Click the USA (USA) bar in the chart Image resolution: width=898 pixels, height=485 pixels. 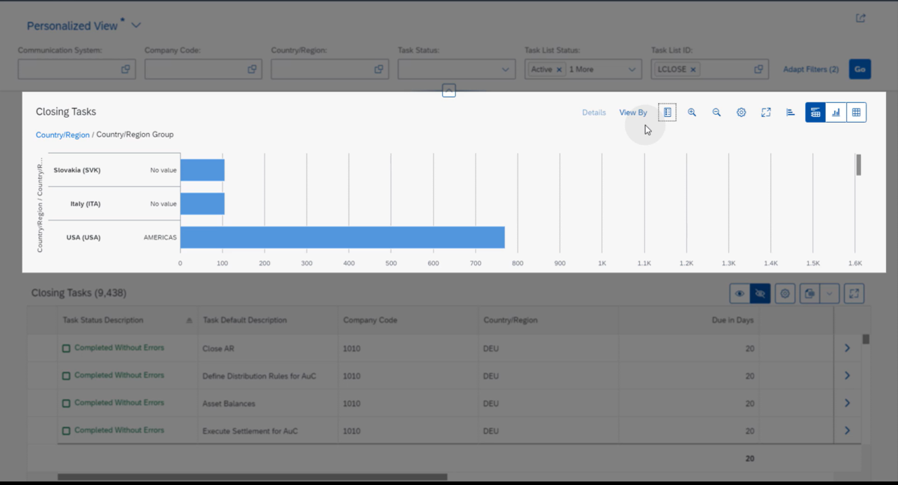[342, 238]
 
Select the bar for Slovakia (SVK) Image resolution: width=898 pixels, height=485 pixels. [202, 170]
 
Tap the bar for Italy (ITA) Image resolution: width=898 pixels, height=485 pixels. [202, 204]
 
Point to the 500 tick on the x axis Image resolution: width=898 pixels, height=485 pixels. [391, 264]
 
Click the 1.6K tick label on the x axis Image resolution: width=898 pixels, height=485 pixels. [855, 264]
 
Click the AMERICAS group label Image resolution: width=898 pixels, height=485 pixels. [160, 238]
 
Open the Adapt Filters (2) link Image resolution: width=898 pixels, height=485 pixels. [810, 69]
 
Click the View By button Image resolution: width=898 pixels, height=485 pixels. [633, 113]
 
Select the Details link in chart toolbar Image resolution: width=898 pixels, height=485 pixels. [594, 113]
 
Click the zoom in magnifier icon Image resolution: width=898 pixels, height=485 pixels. [692, 113]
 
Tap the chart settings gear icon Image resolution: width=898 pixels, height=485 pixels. [741, 113]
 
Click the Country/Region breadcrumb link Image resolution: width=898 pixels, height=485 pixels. [62, 135]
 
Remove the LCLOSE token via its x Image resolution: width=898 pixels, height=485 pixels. [693, 69]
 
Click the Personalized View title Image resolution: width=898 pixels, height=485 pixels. [72, 26]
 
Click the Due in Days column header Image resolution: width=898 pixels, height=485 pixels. [732, 320]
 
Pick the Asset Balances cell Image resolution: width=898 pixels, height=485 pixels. [229, 404]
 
